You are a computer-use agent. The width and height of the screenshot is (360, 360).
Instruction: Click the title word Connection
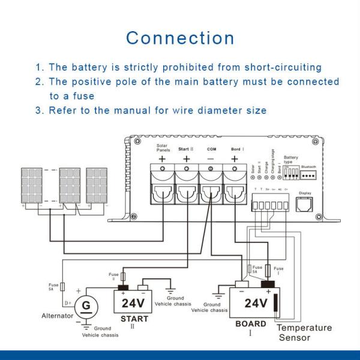[180, 38]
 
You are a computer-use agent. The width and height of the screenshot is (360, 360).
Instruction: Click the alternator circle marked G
[86, 305]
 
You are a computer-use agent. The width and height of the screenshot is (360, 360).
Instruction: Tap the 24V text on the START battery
[134, 303]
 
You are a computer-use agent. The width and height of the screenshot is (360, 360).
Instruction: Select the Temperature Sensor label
[304, 332]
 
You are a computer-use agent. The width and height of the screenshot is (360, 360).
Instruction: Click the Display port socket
[305, 205]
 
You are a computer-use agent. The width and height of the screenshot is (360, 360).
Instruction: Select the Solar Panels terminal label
[163, 148]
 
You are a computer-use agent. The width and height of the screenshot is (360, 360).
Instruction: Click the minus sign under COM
[210, 159]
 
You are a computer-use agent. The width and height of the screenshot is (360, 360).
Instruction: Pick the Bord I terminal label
[235, 148]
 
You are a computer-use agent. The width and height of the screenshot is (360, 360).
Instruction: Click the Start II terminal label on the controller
[186, 148]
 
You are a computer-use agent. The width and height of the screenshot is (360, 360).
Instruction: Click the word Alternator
[57, 316]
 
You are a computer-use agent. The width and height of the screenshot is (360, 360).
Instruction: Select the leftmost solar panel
[30, 185]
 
